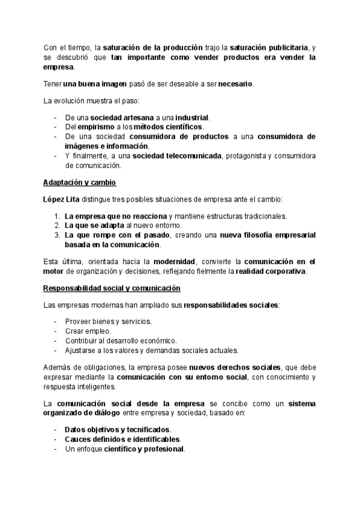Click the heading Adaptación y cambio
[80, 182]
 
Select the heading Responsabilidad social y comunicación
[112, 288]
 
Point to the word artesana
[135, 118]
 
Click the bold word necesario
[235, 83]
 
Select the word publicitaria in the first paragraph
[282, 47]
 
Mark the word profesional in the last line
[164, 449]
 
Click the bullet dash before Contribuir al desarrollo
[56, 340]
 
